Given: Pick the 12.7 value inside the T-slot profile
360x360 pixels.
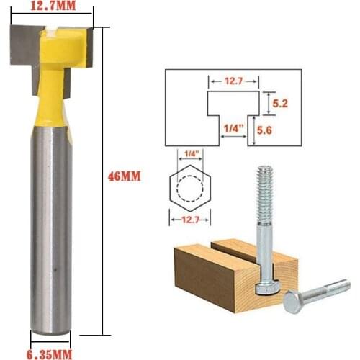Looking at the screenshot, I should (233, 82).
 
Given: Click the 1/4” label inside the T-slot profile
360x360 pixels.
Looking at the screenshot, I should (232, 128).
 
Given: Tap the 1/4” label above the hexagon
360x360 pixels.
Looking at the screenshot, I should (190, 153).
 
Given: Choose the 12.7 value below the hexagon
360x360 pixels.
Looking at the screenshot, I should (190, 220).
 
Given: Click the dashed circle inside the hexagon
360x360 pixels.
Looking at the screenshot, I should (190, 186).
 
